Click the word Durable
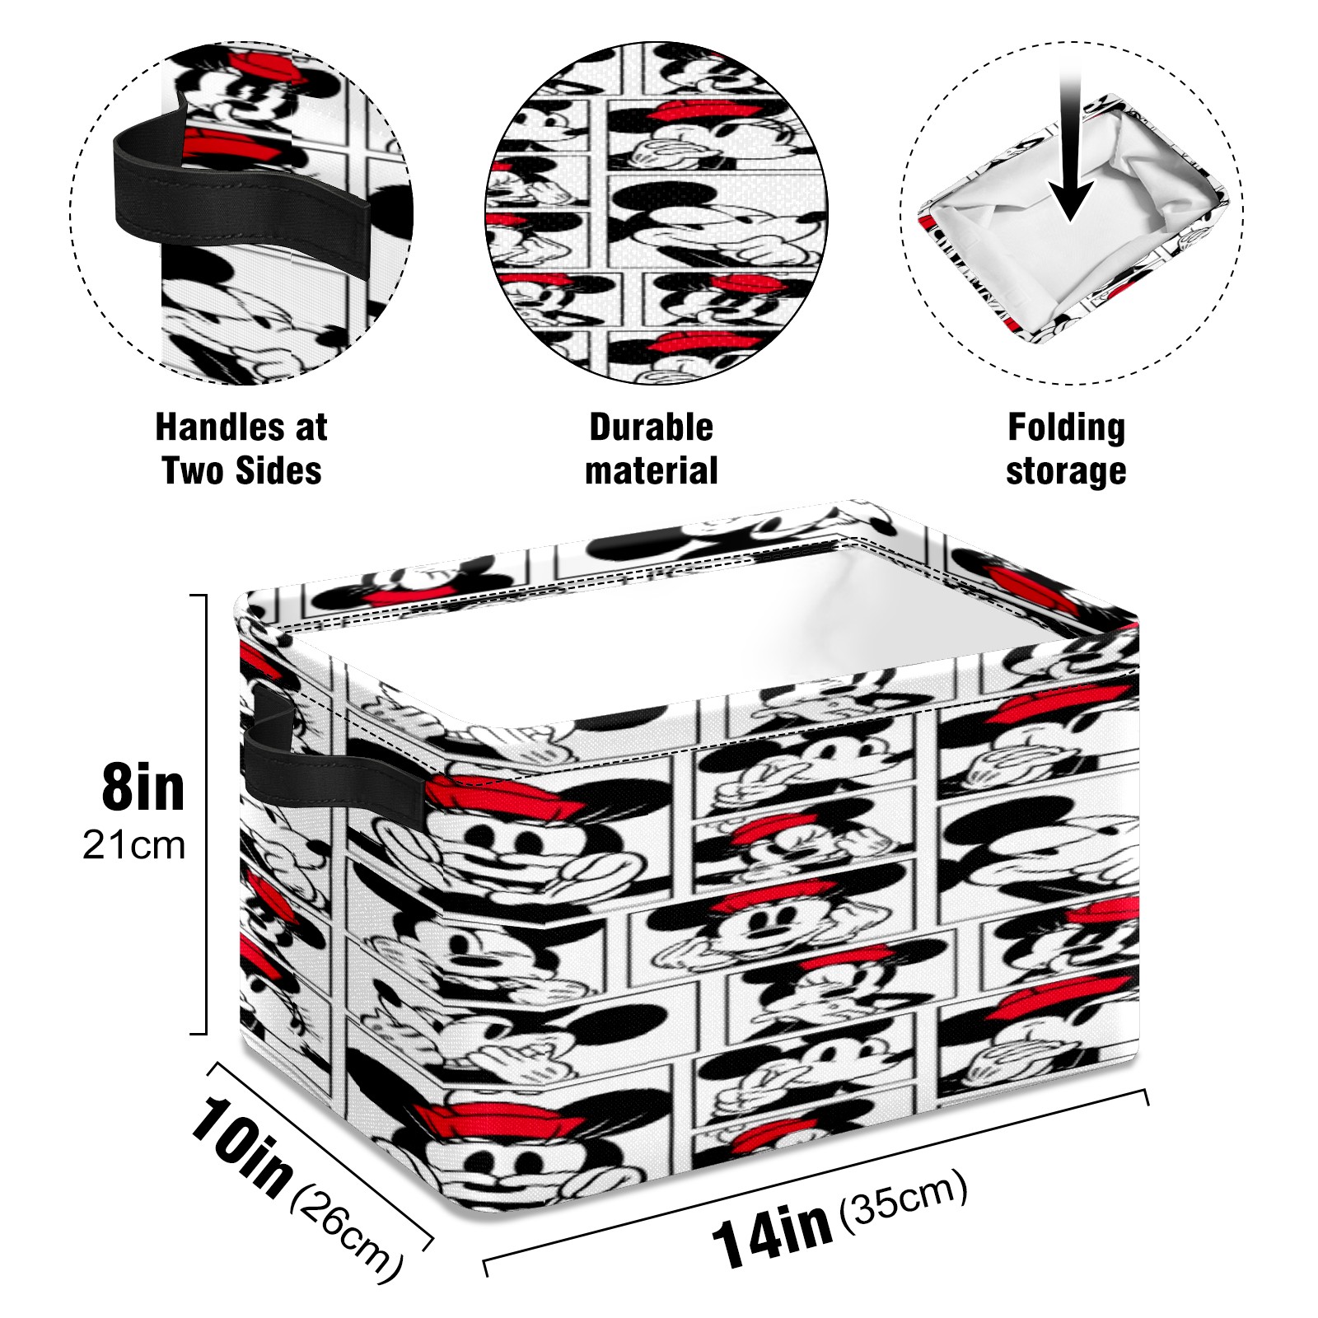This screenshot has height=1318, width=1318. (x=651, y=428)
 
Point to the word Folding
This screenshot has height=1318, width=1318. (x=1066, y=428)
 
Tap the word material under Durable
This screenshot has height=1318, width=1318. (x=651, y=471)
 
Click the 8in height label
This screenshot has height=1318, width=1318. (x=143, y=788)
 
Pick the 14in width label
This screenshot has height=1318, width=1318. (x=771, y=1233)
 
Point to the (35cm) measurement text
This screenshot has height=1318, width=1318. (x=903, y=1199)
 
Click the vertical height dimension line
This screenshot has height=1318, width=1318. (x=203, y=813)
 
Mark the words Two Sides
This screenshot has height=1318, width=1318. (x=242, y=471)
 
